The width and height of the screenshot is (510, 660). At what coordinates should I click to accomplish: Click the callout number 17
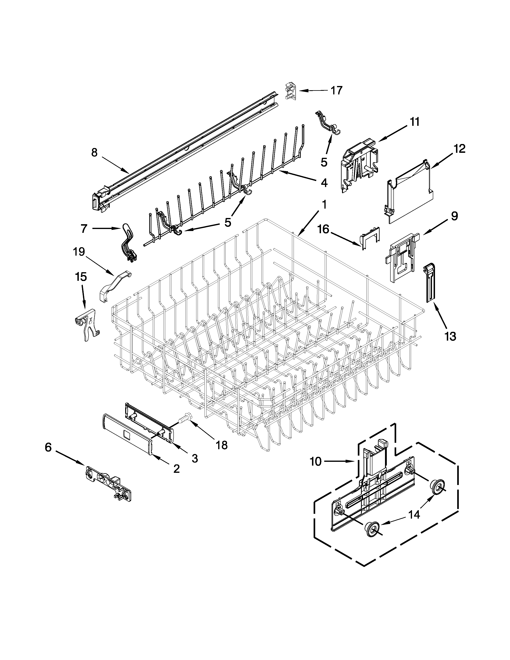[337, 90]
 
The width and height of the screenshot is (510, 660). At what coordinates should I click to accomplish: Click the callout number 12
[459, 149]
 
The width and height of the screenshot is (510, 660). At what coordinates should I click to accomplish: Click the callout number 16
[323, 229]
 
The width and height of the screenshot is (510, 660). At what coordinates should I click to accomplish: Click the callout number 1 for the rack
[324, 205]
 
